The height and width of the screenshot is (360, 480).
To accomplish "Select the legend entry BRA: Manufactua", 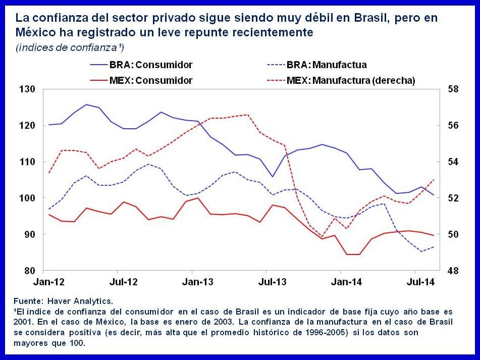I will click(x=326, y=65).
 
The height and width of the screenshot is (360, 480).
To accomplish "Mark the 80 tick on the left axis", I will click(x=30, y=271).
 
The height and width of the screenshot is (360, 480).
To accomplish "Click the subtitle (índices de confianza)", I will click(x=70, y=47).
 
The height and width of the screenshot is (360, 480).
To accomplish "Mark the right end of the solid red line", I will click(x=434, y=235).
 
